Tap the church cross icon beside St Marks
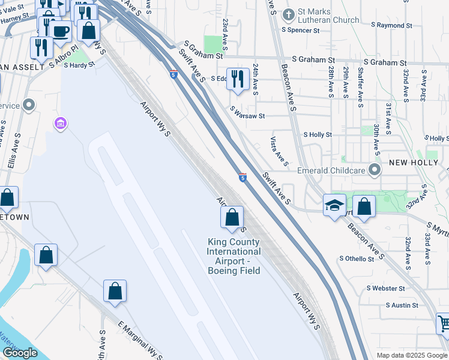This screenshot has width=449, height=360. [x=289, y=14]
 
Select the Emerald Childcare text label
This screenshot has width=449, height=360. [x=331, y=170]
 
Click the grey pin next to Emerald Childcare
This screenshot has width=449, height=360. [x=375, y=170]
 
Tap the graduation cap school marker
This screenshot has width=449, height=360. [x=334, y=206]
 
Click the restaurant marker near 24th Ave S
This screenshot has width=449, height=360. [x=238, y=79]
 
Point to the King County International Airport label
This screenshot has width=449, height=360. [x=234, y=256]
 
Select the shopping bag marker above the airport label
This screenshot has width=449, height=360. [x=232, y=218]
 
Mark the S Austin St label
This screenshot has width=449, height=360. [x=402, y=305]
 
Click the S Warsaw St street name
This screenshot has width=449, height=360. [x=247, y=110]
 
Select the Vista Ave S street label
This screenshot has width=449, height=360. [x=279, y=152]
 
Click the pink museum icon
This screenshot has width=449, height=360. [x=60, y=124]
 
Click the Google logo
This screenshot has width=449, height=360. [x=20, y=353]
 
